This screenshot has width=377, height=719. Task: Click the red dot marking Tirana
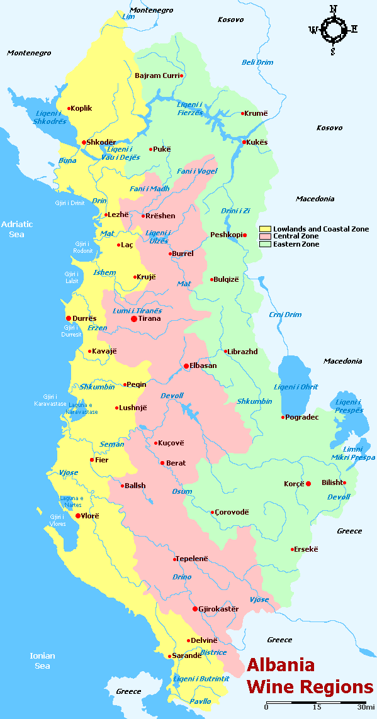click(x=134, y=319)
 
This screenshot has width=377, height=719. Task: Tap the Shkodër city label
click(x=101, y=142)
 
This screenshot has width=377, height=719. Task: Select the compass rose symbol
click(x=333, y=29)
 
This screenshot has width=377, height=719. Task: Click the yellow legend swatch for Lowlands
click(x=264, y=229)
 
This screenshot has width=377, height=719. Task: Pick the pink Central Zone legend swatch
click(x=264, y=237)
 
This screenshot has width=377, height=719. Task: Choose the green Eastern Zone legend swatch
click(x=264, y=244)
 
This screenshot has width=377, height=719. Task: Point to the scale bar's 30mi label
click(x=366, y=707)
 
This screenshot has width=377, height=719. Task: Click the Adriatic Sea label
click(x=16, y=229)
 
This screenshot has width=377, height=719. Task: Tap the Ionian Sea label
click(x=42, y=660)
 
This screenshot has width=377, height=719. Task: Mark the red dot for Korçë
click(x=308, y=484)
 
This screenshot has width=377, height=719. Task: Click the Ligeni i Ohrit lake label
click(x=296, y=387)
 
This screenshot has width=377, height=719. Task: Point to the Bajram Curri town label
click(x=157, y=75)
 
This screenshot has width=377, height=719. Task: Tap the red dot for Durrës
click(x=69, y=318)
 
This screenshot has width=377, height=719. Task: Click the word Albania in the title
click(x=280, y=666)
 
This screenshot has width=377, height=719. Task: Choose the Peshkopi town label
click(x=226, y=235)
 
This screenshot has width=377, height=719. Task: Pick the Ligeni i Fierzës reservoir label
click(x=190, y=108)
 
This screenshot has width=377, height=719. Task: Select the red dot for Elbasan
click(x=186, y=365)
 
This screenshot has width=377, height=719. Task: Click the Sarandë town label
click(x=188, y=655)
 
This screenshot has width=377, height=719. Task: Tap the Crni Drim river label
click(x=285, y=315)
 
